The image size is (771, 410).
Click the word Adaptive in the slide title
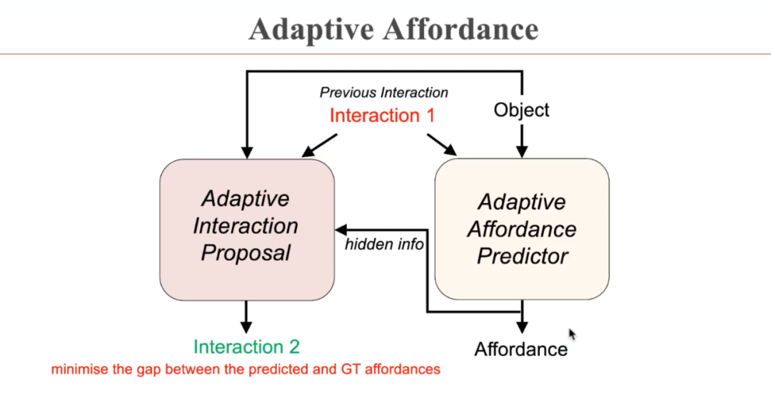point(311,29)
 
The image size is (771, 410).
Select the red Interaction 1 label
point(382,116)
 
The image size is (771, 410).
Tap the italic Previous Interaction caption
point(383,93)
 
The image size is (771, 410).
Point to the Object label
point(522,110)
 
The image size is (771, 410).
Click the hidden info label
point(385,245)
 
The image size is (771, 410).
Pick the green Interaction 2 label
point(246,347)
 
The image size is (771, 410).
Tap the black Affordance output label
point(521,349)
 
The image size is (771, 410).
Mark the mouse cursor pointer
point(572,334)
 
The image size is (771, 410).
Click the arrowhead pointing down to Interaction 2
point(246,327)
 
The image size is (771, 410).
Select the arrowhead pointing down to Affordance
point(522,328)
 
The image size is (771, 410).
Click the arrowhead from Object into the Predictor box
point(522,151)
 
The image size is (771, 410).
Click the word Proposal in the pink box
point(246,252)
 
